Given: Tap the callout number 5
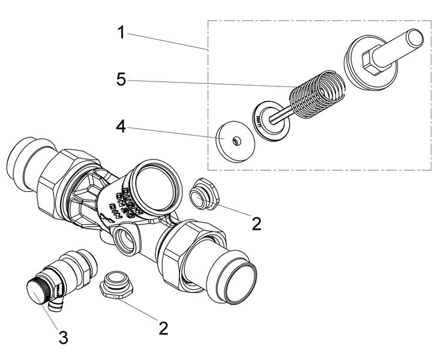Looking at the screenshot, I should coord(121,80).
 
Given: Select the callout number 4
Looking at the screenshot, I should coord(121,127).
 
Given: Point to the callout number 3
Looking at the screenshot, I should coord(62,337).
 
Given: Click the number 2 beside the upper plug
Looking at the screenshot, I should coord(257,223).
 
